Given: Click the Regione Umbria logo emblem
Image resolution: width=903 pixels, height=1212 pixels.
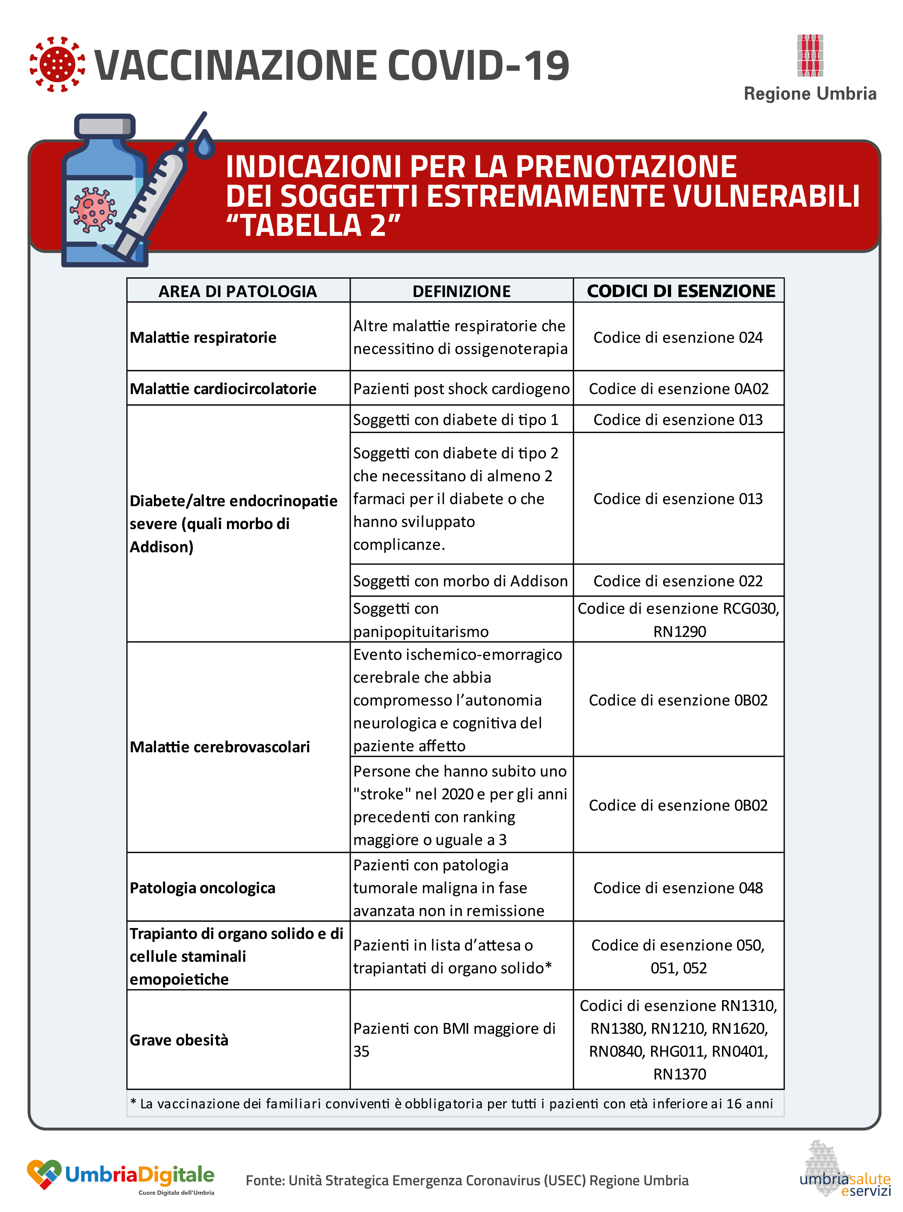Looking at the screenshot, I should click(x=810, y=55).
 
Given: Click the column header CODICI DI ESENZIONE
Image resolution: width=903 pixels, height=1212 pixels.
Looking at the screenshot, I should click(x=681, y=291).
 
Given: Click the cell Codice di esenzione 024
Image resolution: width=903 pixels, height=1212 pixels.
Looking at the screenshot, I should click(x=678, y=337).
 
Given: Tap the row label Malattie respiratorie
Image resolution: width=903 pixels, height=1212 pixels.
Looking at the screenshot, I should click(x=203, y=337).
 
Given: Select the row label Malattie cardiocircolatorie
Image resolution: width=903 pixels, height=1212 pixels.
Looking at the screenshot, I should click(x=223, y=389).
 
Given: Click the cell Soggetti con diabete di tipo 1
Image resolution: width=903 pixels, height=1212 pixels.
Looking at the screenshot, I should click(x=455, y=420).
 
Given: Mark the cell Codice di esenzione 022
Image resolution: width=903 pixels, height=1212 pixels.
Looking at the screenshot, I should click(x=678, y=581).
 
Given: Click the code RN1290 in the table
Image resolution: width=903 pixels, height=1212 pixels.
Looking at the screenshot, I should click(x=680, y=631).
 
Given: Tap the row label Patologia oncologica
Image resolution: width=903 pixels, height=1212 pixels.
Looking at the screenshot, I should click(x=202, y=888).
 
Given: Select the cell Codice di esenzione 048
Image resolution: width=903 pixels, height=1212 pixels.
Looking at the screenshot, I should click(x=678, y=888).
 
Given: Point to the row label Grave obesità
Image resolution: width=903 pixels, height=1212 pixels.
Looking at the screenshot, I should click(x=179, y=1040).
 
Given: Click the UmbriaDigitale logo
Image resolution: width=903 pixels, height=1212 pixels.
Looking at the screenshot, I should click(x=121, y=1175).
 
